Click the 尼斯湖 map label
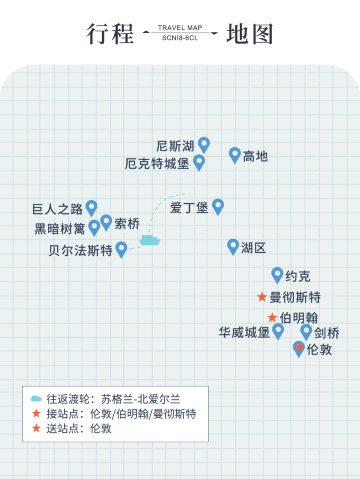click(x=175, y=146)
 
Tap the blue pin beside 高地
click(x=235, y=154)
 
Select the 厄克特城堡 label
click(x=157, y=163)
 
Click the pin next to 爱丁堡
click(x=218, y=206)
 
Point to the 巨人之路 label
click(x=58, y=209)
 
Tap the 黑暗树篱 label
click(x=60, y=228)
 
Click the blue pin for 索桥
click(x=106, y=221)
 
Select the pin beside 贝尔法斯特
click(x=122, y=248)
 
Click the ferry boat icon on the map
click(x=150, y=239)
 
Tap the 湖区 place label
click(x=253, y=247)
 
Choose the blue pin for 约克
click(x=277, y=274)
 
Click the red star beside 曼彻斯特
click(x=262, y=297)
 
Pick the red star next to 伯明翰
click(x=272, y=317)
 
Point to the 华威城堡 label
click(x=244, y=332)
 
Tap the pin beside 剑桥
click(x=306, y=330)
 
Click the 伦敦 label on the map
click(x=319, y=349)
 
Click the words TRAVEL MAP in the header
click(x=180, y=28)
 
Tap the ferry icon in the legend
click(x=37, y=398)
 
